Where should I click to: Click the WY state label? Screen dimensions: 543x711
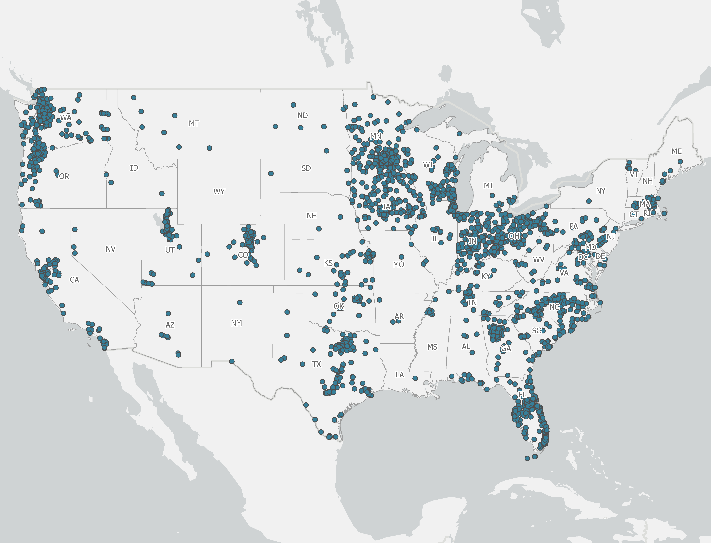[219, 192]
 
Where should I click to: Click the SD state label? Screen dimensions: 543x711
[306, 168]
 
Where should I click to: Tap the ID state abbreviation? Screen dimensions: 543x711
[134, 168]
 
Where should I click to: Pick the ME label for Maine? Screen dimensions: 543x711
[676, 151]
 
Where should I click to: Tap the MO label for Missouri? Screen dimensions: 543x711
[398, 264]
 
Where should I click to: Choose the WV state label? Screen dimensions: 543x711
[538, 259]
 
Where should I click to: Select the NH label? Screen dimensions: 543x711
[647, 181]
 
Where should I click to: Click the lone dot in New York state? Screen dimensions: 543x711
[589, 201]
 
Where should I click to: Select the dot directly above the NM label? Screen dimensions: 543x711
[240, 302]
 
